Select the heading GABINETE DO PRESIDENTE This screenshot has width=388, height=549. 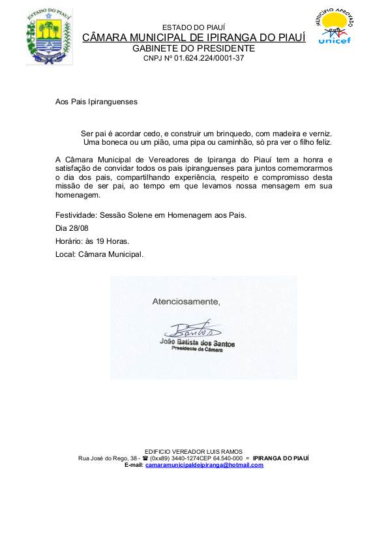(194, 49)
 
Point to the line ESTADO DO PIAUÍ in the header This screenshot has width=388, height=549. (194, 27)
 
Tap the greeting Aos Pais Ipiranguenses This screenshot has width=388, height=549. (97, 102)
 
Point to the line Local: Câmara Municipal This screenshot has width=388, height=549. (100, 254)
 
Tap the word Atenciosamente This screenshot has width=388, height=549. (187, 301)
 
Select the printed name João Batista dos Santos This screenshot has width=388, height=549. (196, 343)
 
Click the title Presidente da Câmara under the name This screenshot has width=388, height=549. (196, 349)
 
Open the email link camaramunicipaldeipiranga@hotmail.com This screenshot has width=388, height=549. (204, 466)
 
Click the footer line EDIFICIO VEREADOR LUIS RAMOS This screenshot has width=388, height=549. (194, 451)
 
